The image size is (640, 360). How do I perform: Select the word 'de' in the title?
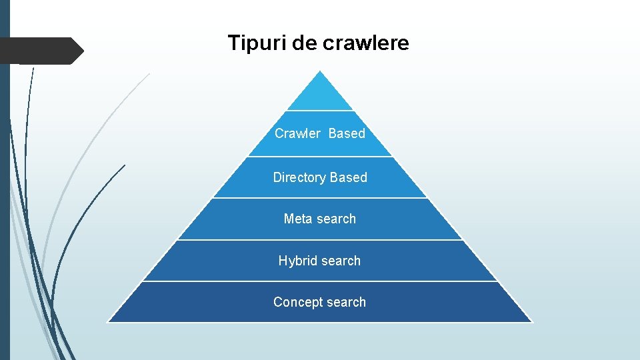305,43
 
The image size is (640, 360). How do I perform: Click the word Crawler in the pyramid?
297,133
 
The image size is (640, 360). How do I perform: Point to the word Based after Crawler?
347,133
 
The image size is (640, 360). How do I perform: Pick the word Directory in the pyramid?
299,177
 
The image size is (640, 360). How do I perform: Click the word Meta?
297,219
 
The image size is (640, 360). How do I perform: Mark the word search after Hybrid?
339,261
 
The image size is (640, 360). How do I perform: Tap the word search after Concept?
345,302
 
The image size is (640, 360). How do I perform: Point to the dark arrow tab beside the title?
40,51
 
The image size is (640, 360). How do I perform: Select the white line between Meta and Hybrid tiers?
320,240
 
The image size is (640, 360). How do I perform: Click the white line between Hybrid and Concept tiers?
320,281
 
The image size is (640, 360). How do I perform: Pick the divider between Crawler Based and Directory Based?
320,157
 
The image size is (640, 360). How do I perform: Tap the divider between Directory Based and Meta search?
320,198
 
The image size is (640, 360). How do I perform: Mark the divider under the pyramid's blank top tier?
320,111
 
